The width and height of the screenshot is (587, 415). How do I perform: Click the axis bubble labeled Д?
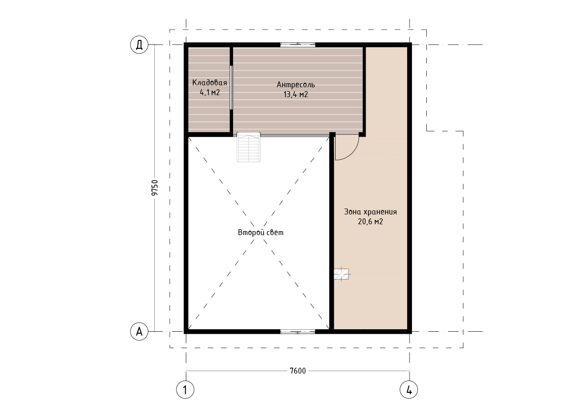click(139, 45)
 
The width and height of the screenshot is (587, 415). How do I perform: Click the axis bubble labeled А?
click(139, 332)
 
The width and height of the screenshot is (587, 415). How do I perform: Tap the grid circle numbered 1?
click(185, 390)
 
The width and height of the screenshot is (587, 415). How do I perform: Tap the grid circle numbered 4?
click(409, 390)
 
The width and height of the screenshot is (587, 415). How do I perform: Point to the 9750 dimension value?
click(155, 188)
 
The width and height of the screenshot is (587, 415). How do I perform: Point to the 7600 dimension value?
click(298, 371)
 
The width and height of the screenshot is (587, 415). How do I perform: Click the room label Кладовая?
click(209, 83)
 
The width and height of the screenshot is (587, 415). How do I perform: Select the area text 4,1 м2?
click(209, 93)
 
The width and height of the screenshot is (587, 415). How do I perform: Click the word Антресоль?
click(296, 85)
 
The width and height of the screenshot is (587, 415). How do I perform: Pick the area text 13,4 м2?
click(296, 94)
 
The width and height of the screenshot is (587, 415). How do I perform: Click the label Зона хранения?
click(371, 212)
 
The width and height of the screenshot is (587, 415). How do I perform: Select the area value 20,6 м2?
click(371, 221)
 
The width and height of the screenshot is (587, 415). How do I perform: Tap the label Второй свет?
click(261, 232)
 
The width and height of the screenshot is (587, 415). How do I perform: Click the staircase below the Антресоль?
click(248, 147)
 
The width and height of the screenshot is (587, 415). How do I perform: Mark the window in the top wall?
click(298, 44)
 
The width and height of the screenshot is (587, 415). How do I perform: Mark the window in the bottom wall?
click(298, 331)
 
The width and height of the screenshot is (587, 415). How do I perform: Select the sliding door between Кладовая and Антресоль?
click(231, 88)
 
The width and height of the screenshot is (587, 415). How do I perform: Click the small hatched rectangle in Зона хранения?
click(341, 275)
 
